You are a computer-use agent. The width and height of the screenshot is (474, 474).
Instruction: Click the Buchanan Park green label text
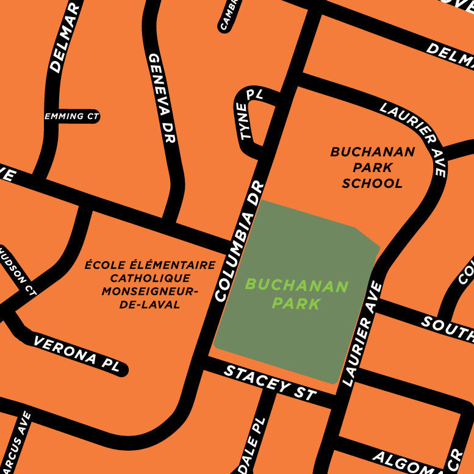click(x=297, y=294)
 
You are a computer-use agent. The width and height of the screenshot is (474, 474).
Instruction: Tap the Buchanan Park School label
click(x=372, y=167)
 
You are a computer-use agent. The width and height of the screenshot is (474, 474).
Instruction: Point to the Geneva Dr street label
click(x=162, y=97)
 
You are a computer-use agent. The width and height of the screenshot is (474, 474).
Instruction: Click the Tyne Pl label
click(x=251, y=113)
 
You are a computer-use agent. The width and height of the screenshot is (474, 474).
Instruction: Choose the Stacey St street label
click(x=270, y=382)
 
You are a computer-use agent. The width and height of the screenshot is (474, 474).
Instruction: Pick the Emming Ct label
click(x=71, y=116)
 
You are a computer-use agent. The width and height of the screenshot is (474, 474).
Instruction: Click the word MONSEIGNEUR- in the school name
click(x=150, y=291)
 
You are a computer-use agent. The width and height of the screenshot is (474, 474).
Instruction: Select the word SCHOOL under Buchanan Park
click(x=372, y=183)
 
